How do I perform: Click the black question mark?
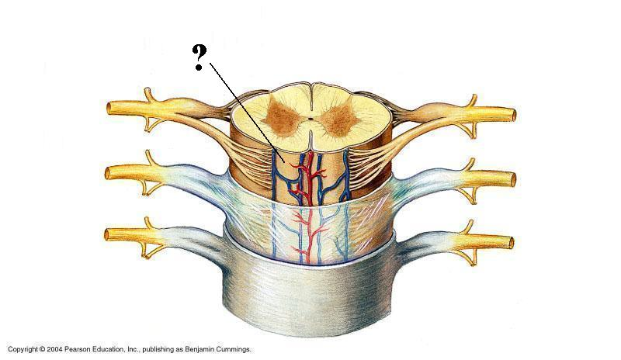pyautogui.click(x=200, y=58)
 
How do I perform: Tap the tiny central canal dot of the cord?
pyautogui.click(x=309, y=119)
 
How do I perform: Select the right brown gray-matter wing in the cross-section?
pyautogui.click(x=339, y=119)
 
